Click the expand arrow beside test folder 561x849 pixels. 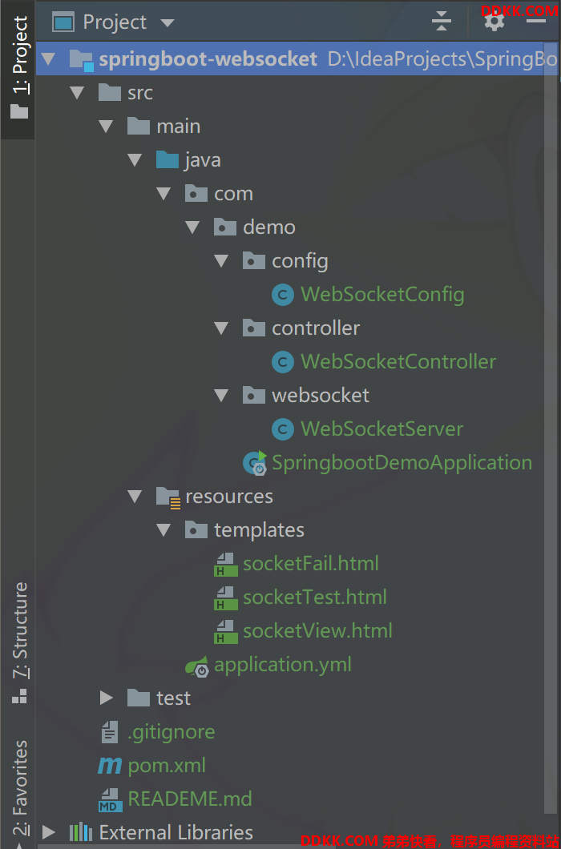107,698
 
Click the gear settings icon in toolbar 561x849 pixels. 494,22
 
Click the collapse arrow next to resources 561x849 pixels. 135,497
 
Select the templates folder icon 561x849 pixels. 196,529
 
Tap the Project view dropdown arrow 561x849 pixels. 167,23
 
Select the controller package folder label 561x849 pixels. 316,328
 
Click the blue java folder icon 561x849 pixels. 167,159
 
